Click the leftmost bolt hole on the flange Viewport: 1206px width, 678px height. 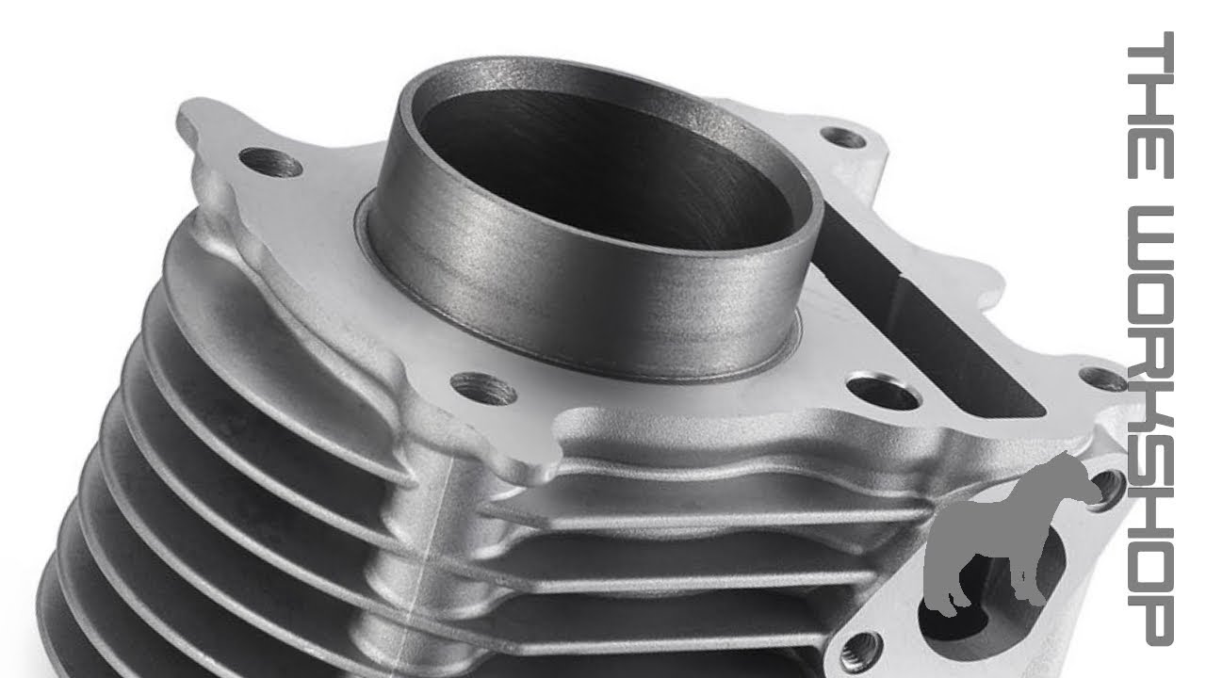click(x=270, y=163)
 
